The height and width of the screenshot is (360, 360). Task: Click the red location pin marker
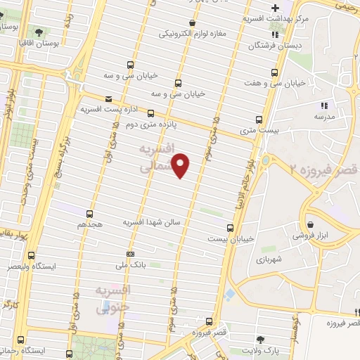pyautogui.click(x=181, y=165)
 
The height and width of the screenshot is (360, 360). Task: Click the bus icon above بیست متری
pyautogui.click(x=259, y=119)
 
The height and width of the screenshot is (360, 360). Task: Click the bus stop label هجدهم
pyautogui.click(x=91, y=225)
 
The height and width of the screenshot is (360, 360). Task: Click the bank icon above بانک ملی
pyautogui.click(x=130, y=254)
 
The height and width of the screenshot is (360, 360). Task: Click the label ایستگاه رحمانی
pyautogui.click(x=25, y=350)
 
